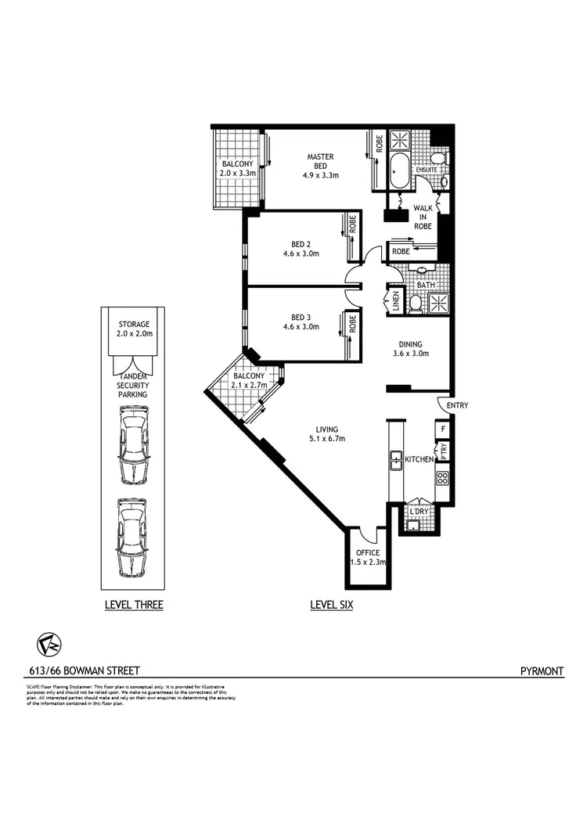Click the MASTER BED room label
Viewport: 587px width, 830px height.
click(320, 166)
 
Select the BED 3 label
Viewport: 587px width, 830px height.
click(301, 322)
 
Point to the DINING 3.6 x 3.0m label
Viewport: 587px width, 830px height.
click(409, 349)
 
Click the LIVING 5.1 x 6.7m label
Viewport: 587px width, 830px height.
click(326, 434)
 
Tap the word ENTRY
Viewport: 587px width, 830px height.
click(456, 405)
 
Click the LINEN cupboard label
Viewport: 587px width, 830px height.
click(396, 300)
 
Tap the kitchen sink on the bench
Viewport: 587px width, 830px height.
click(396, 461)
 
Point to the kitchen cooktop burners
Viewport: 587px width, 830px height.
click(442, 476)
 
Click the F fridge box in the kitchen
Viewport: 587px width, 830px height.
click(443, 429)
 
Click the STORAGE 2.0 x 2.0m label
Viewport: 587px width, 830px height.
click(134, 329)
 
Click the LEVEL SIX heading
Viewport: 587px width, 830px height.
click(331, 605)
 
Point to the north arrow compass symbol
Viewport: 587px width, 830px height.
click(49, 644)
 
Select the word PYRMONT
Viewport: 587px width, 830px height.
click(542, 670)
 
